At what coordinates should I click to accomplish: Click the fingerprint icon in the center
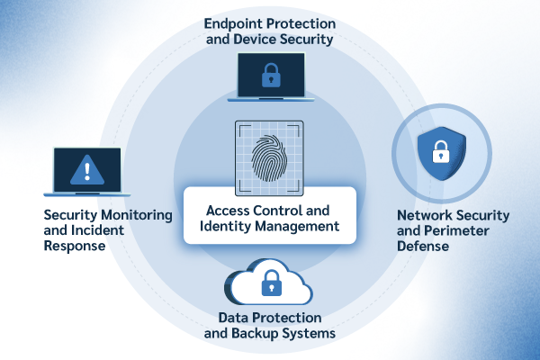point(270,154)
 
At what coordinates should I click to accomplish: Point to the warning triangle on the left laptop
point(87,168)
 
